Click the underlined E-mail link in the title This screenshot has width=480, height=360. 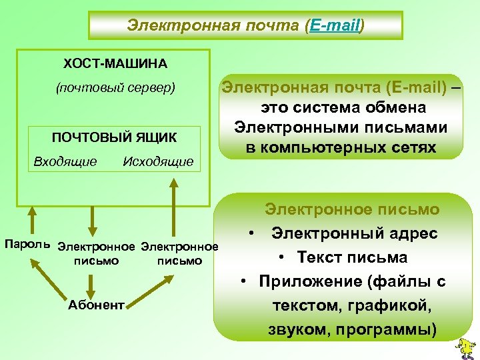point(334,25)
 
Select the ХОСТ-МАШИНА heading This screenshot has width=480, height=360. point(115,64)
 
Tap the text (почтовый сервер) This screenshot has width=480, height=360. point(115,88)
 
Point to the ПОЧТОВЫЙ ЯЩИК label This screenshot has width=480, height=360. point(115,137)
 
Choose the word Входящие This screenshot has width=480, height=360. point(65,161)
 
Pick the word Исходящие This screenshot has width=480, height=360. point(159,161)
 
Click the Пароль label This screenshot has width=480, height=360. point(27,244)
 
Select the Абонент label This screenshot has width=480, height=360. point(96,305)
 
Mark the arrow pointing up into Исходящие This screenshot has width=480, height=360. point(174,207)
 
